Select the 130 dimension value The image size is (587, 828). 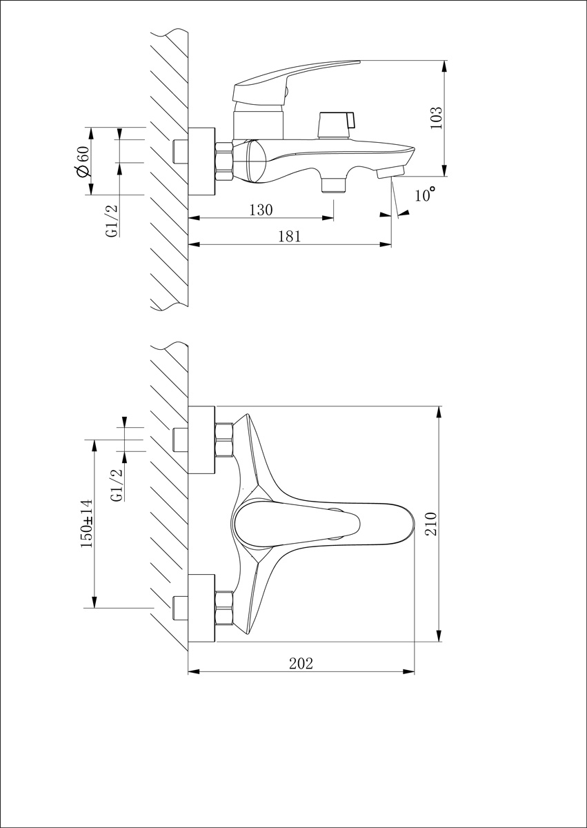(x=260, y=210)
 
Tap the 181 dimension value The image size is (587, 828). (x=290, y=236)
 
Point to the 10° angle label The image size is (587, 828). (x=425, y=195)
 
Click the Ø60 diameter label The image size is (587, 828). (x=81, y=162)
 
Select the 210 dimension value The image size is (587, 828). (x=431, y=524)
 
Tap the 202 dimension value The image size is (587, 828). (x=301, y=663)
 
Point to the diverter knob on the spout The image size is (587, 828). (x=335, y=123)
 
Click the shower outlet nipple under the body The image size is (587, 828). (x=335, y=184)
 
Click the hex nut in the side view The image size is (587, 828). (x=224, y=161)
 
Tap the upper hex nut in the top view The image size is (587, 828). (x=224, y=440)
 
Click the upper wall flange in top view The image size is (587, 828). (x=201, y=440)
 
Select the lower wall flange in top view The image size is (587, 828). (x=201, y=608)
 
